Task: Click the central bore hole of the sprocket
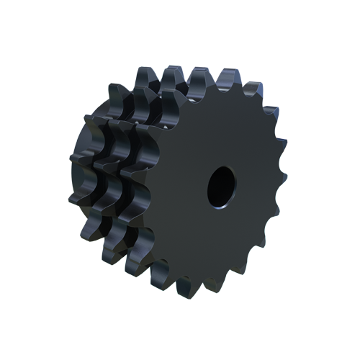[x=221, y=185]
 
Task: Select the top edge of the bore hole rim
[x=222, y=167]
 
